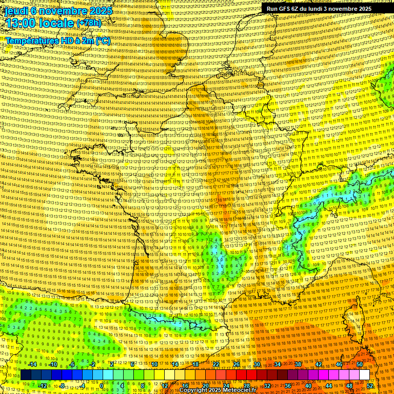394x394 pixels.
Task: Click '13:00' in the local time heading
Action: point(18,23)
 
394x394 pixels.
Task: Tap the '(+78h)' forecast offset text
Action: point(89,24)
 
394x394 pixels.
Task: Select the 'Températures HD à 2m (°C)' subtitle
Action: point(57,40)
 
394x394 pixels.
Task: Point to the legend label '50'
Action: point(360,364)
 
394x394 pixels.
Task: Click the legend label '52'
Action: point(370,386)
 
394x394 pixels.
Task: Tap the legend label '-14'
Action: point(32,364)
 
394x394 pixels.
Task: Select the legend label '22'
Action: point(216,364)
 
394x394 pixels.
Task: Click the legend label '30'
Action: point(257,364)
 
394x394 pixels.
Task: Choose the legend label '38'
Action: point(298,364)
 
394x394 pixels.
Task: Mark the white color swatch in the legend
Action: point(364,375)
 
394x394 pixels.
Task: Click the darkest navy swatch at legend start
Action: point(26,375)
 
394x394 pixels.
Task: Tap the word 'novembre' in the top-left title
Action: point(62,10)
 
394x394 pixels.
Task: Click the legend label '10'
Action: point(154,364)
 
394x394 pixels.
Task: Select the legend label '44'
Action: point(329,386)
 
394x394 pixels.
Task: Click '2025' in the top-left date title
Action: point(101,10)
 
